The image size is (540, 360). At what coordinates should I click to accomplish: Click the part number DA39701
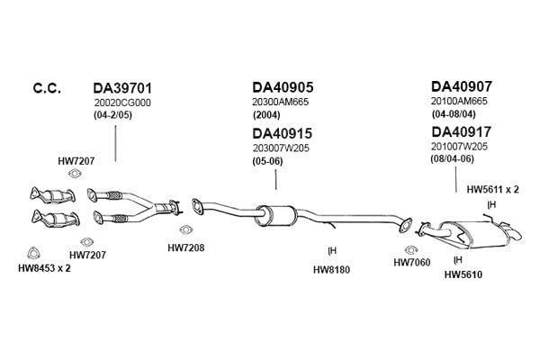click(122, 88)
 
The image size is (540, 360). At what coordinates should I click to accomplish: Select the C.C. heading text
click(47, 88)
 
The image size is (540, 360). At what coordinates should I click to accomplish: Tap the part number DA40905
click(283, 87)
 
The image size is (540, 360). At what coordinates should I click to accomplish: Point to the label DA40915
click(282, 133)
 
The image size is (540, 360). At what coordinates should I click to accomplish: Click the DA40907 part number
click(462, 86)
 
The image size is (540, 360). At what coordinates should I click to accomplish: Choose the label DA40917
click(462, 132)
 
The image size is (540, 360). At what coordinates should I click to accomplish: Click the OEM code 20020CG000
click(122, 103)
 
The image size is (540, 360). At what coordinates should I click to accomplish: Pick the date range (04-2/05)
click(113, 115)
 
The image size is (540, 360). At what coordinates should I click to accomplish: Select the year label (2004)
click(266, 114)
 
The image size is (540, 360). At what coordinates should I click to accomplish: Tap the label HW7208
click(186, 248)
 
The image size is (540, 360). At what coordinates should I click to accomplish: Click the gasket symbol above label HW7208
click(185, 229)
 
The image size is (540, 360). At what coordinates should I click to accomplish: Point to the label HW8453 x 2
click(44, 268)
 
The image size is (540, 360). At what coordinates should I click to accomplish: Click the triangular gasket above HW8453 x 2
click(33, 253)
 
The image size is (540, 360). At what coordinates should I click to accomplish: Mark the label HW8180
click(331, 270)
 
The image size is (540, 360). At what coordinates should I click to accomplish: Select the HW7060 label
click(412, 263)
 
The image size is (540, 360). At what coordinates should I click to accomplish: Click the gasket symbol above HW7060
click(411, 250)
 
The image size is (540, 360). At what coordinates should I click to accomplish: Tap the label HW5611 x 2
click(492, 190)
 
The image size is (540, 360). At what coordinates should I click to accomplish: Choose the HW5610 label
click(463, 274)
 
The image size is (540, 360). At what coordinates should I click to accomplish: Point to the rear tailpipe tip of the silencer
click(517, 235)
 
